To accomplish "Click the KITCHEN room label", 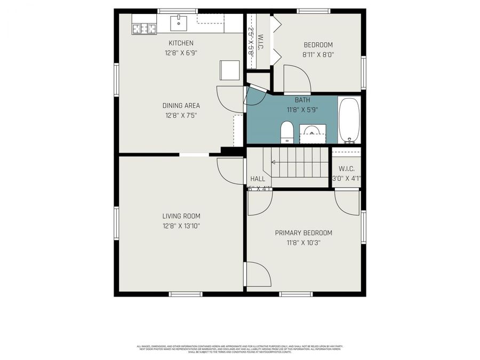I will pos(181,43).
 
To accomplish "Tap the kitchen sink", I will pos(178,23).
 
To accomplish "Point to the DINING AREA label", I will pos(181,106).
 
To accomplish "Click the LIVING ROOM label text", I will pos(181,216).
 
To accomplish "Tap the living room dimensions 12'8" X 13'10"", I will pos(181,226).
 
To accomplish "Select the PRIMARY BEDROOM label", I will pos(303,233).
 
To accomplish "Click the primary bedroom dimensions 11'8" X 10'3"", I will pos(303,243).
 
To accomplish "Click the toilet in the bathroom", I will pos(287,132).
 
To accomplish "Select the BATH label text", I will pos(302,100).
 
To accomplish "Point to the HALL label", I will pos(257,179).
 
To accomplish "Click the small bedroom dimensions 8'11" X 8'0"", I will pos(318,54).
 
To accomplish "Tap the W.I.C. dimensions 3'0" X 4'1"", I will pos(347,179).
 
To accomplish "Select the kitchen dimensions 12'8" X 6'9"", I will pos(181,53).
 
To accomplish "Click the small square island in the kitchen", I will pos(230,70).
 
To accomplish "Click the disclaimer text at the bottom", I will pos(240,349).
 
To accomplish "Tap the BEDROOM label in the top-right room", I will pos(318,45).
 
